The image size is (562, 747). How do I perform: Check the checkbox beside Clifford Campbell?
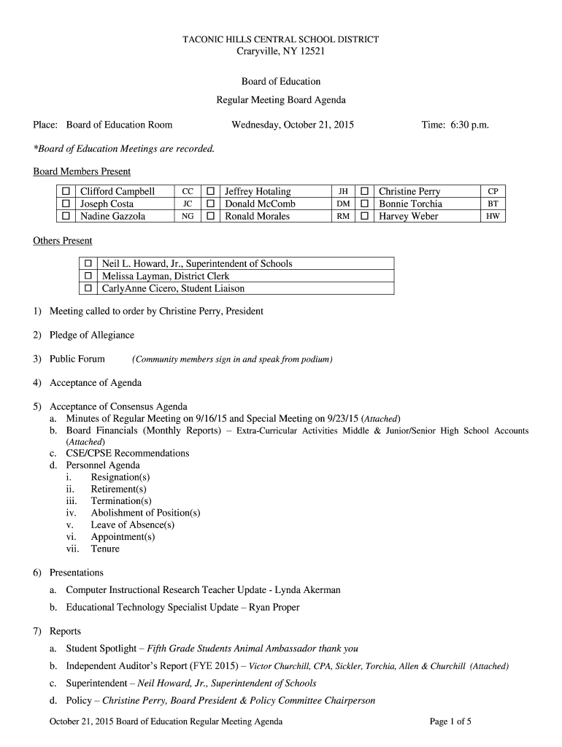66,192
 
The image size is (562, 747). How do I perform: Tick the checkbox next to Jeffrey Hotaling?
211,192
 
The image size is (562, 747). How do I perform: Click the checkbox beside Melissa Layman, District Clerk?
88,276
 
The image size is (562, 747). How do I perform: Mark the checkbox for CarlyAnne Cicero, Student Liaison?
88,289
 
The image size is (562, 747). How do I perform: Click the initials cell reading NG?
188,217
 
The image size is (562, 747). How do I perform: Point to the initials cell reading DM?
343,204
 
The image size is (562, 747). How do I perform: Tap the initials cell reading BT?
493,204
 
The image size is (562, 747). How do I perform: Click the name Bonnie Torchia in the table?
410,204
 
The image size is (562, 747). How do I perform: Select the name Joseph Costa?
107,204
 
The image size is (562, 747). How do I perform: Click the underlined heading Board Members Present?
82,171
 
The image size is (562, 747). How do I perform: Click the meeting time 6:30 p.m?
455,125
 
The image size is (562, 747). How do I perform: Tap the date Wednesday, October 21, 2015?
293,125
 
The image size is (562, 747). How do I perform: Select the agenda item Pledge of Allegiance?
92,335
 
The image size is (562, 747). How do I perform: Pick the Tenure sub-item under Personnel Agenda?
105,549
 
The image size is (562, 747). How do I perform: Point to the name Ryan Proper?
274,607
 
